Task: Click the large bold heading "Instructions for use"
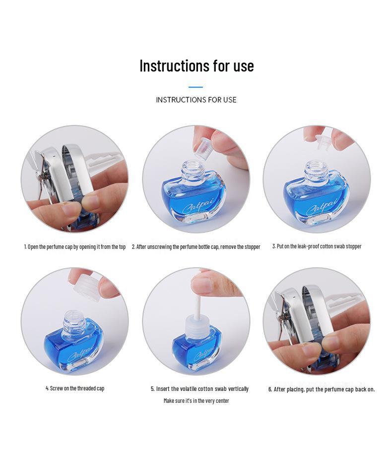[x=196, y=66]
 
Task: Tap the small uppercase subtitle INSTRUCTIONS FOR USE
[x=196, y=100]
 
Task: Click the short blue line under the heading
[x=196, y=87]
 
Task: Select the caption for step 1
[x=75, y=246]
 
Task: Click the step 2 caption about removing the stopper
[x=196, y=246]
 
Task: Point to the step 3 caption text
[x=317, y=246]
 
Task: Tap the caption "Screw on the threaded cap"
[x=75, y=388]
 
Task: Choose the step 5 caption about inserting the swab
[x=199, y=388]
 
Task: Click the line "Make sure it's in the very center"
[x=196, y=400]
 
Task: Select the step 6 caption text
[x=322, y=389]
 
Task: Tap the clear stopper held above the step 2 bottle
[x=202, y=149]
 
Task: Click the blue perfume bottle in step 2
[x=195, y=199]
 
